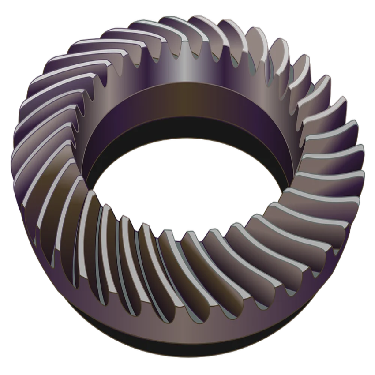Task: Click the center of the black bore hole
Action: (x=185, y=185)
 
